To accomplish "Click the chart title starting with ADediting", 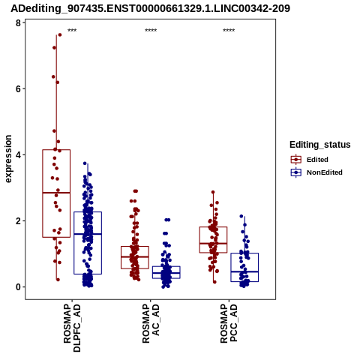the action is tap(150, 9).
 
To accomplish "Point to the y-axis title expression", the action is tap(8, 159).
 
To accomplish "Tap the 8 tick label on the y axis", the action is tap(18, 23).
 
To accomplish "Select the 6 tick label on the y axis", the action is tap(18, 89).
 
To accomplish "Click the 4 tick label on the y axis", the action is tap(18, 155).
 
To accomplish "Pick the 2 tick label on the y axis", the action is tap(18, 221).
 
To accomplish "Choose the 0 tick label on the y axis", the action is tap(18, 287).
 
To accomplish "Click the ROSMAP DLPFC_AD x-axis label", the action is tap(72, 328).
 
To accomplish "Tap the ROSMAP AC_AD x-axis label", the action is tap(151, 323).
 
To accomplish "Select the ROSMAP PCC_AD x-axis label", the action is tap(229, 323).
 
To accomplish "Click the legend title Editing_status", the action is tap(320, 145).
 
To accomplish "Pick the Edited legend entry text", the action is tap(317, 160).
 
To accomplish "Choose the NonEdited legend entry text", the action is tap(325, 172).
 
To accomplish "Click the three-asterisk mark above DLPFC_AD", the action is tap(72, 31).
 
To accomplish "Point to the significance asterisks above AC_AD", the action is tap(151, 31).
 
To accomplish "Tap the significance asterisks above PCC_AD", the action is tap(229, 31).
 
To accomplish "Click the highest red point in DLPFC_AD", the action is tap(60, 34).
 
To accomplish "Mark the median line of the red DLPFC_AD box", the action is tap(56, 193).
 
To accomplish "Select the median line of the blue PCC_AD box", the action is tap(244, 271).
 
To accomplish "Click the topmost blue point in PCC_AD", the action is tap(241, 216).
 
